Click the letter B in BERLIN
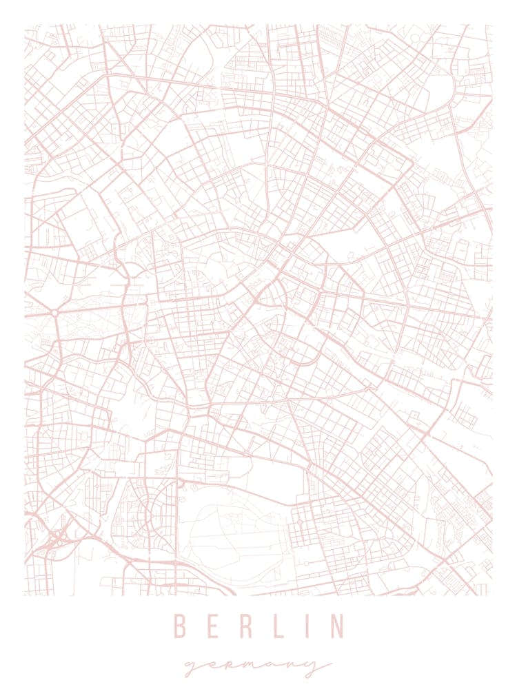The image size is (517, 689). coord(181,626)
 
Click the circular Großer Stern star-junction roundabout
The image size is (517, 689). coord(54,313)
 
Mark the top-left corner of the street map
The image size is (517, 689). coord(25,25)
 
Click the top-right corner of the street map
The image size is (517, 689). coord(492,25)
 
